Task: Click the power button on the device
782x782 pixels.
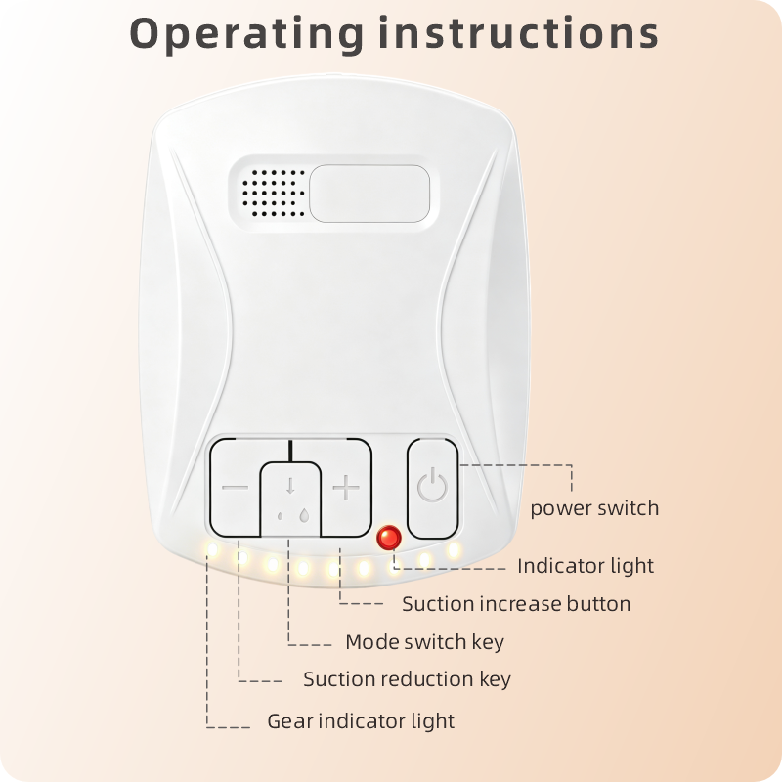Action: (432, 488)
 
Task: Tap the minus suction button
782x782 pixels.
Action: (235, 487)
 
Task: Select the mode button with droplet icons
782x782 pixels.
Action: (290, 499)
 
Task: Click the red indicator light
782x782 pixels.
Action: (389, 538)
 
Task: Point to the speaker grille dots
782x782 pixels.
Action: (274, 193)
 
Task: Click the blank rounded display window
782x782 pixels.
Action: (369, 193)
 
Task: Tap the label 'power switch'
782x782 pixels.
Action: (594, 508)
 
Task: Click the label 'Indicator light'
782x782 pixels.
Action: (586, 566)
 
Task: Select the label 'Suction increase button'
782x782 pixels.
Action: (516, 604)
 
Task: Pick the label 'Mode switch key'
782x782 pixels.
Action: (424, 642)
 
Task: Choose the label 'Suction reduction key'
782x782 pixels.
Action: (407, 679)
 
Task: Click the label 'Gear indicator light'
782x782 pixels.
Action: (361, 721)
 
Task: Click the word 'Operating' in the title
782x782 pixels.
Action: (247, 34)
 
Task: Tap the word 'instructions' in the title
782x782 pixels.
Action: (519, 33)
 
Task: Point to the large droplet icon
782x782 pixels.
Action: (304, 515)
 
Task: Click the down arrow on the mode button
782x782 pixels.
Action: (290, 485)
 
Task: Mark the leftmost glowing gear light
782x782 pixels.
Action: (212, 550)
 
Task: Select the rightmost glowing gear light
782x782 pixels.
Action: (454, 550)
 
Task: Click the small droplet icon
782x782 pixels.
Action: (280, 516)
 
